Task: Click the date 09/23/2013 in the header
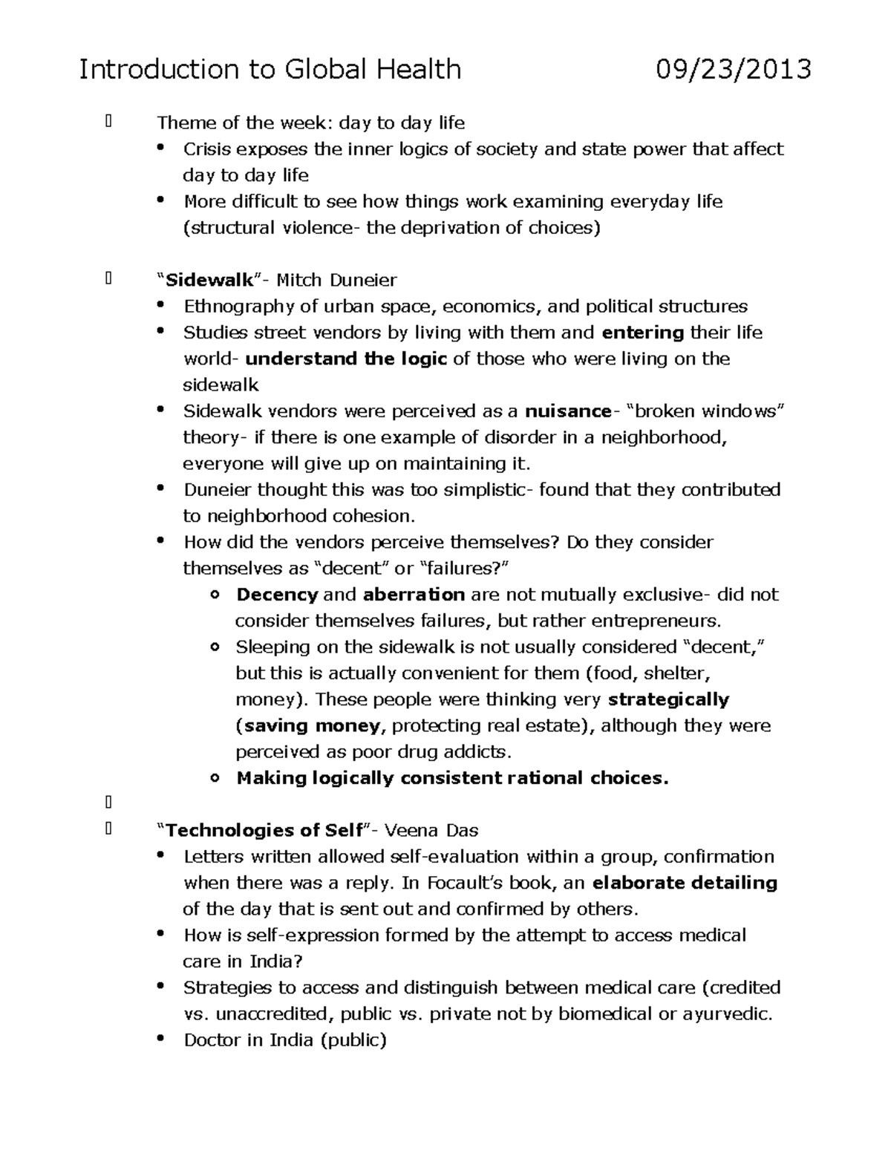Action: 733,70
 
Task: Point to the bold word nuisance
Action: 568,411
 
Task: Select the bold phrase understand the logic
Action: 346,359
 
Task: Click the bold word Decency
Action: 277,595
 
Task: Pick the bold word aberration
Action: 414,595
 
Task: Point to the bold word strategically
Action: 668,699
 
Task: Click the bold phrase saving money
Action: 313,726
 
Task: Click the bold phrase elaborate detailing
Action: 685,883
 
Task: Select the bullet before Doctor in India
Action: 160,1039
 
